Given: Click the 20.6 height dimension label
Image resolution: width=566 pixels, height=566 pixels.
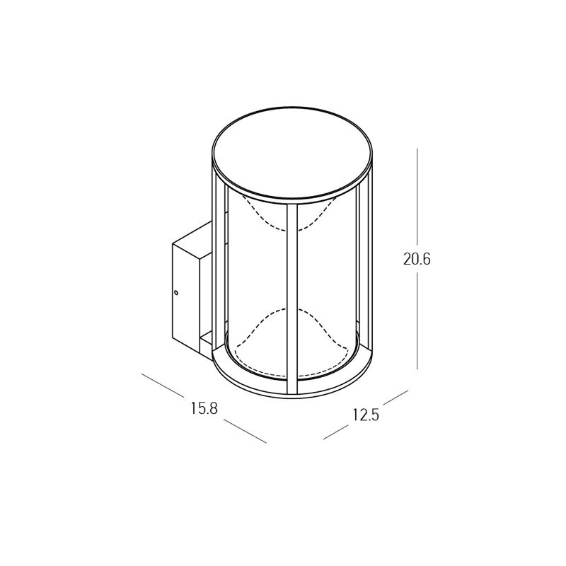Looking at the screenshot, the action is coord(417,259).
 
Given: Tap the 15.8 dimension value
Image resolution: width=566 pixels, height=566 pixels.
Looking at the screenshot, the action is coord(204,408).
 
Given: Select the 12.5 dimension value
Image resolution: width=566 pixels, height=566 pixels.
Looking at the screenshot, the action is coord(366,415).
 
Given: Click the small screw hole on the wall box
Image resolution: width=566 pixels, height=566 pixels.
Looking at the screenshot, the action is coord(176,292).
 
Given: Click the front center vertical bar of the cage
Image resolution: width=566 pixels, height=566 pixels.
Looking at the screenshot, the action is coord(292,299).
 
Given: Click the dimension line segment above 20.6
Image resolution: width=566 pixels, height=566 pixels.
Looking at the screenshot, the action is coord(417,197).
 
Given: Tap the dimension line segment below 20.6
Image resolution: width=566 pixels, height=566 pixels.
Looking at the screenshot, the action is coord(417,321).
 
